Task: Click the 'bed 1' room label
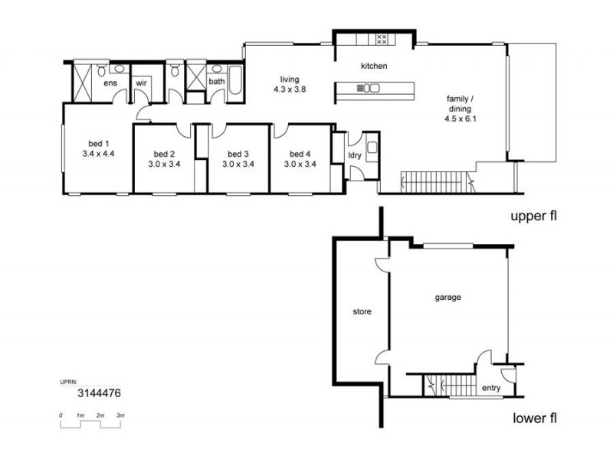[x=98, y=144]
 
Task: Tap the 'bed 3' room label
[x=238, y=155]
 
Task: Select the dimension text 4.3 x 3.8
[x=290, y=90]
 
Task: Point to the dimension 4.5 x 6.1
[x=461, y=119]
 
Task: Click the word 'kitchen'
[x=374, y=66]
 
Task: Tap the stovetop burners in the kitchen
[x=382, y=39]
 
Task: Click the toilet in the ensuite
[x=102, y=70]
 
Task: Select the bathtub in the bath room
[x=235, y=80]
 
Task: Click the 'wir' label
[x=141, y=83]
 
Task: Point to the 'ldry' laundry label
[x=355, y=155]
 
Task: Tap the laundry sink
[x=372, y=147]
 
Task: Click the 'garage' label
[x=448, y=298]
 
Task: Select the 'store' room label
[x=362, y=311]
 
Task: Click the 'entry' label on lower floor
[x=491, y=388]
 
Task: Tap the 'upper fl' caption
[x=533, y=216]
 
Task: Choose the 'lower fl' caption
[x=535, y=418]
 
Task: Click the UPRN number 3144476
[x=99, y=392]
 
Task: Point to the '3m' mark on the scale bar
[x=120, y=415]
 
